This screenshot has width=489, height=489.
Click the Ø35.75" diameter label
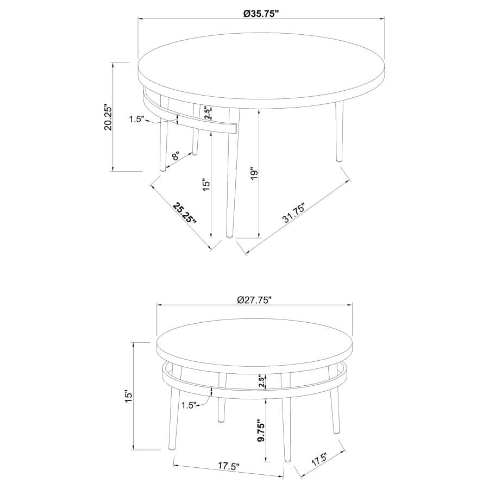pos(261,13)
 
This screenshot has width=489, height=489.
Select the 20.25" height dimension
pos(108,117)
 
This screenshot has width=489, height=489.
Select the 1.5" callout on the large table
pos(136,120)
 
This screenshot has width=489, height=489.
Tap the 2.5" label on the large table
pos(206,112)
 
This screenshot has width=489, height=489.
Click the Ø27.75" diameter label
pos(254,299)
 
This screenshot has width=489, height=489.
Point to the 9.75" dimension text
pos(261,432)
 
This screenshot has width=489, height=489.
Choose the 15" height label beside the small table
pos(128,396)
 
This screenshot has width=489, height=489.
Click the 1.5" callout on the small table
pos(188,405)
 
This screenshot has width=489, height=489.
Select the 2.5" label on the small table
pos(261,381)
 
